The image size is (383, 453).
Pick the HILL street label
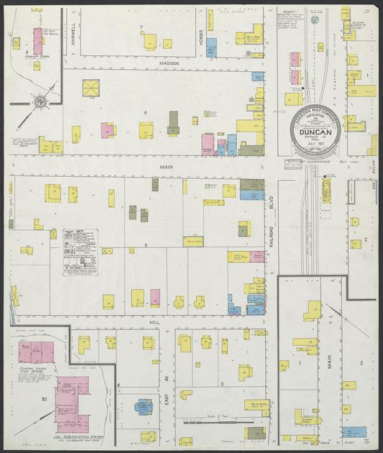(154, 323)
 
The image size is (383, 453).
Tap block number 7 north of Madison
(142, 27)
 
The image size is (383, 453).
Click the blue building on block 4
(145, 406)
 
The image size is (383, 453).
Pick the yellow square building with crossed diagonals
(91, 88)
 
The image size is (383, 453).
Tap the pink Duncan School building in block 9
(37, 41)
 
